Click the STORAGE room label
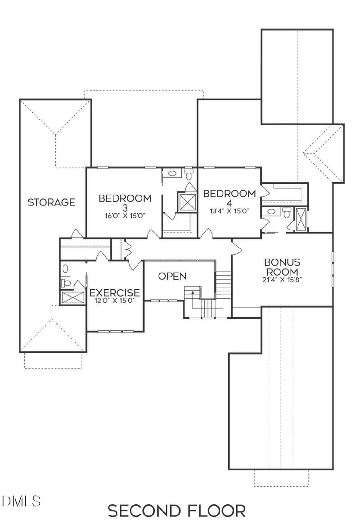(x=51, y=202)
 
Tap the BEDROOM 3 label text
(x=125, y=202)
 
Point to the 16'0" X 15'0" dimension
(x=125, y=215)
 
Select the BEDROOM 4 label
(x=229, y=198)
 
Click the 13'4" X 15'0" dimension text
(x=229, y=210)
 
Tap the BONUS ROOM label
(x=282, y=267)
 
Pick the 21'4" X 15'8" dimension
(x=282, y=279)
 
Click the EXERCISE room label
(x=114, y=293)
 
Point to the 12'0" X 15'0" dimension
(x=114, y=300)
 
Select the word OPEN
(x=172, y=276)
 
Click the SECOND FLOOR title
(x=176, y=511)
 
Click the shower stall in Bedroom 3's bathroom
(x=187, y=202)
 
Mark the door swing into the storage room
(x=76, y=234)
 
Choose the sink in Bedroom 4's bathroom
(x=271, y=211)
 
